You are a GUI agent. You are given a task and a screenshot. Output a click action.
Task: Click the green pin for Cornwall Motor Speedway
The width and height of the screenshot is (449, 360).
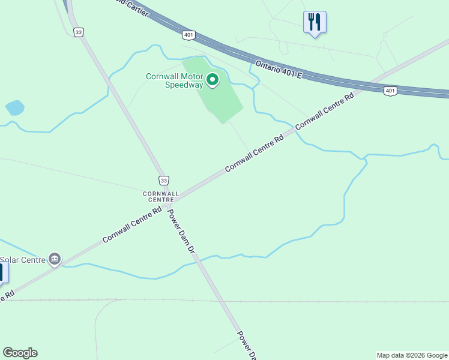click(212, 79)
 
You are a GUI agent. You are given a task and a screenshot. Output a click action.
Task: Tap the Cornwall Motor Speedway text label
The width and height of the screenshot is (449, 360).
click(176, 80)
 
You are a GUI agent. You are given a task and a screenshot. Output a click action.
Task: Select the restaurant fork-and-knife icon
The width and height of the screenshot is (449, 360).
click(315, 23)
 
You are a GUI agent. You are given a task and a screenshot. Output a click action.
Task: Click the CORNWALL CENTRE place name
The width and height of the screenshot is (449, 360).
click(161, 196)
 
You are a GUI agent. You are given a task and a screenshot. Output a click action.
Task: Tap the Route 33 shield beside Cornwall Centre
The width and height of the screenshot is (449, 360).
click(164, 180)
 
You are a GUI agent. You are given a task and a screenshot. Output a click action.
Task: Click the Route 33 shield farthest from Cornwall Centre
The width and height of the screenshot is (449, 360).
click(78, 32)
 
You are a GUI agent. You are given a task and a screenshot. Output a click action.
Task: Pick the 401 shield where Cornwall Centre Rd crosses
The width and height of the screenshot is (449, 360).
click(391, 91)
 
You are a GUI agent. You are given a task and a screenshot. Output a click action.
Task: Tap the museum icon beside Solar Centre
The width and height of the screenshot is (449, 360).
click(55, 259)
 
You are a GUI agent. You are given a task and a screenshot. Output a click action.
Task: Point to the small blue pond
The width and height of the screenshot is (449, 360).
click(14, 108)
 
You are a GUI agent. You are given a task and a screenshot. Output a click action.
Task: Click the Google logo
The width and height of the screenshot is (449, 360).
click(20, 353)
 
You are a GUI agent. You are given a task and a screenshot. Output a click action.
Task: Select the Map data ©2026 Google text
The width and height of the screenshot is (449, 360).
click(412, 355)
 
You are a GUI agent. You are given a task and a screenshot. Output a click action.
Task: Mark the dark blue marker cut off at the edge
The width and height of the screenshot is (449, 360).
click(3, 273)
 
